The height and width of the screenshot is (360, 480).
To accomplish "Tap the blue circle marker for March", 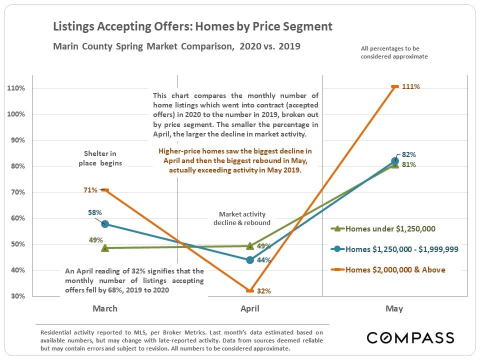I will pyautogui.click(x=105, y=224).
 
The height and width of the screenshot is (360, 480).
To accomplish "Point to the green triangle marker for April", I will pyautogui.click(x=250, y=245).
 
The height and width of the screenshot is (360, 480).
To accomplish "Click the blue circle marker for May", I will pyautogui.click(x=394, y=161).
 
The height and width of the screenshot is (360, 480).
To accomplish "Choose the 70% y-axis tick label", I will pyautogui.click(x=18, y=192).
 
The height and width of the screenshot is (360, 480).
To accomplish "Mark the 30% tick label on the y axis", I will pyautogui.click(x=18, y=296).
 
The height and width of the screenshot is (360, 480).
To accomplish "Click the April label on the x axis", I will pyautogui.click(x=250, y=308).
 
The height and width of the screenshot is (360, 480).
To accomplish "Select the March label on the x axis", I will pyautogui.click(x=105, y=308).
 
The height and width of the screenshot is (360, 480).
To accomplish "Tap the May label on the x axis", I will pyautogui.click(x=394, y=308).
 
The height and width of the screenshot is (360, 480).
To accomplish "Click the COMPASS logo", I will pyautogui.click(x=410, y=337).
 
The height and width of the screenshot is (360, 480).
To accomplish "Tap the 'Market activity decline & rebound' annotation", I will pyautogui.click(x=241, y=218).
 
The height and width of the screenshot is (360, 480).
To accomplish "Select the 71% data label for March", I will pyautogui.click(x=90, y=189).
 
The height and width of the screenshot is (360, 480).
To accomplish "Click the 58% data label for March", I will pyautogui.click(x=93, y=212).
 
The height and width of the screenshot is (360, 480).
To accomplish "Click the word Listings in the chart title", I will pyautogui.click(x=75, y=26).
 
